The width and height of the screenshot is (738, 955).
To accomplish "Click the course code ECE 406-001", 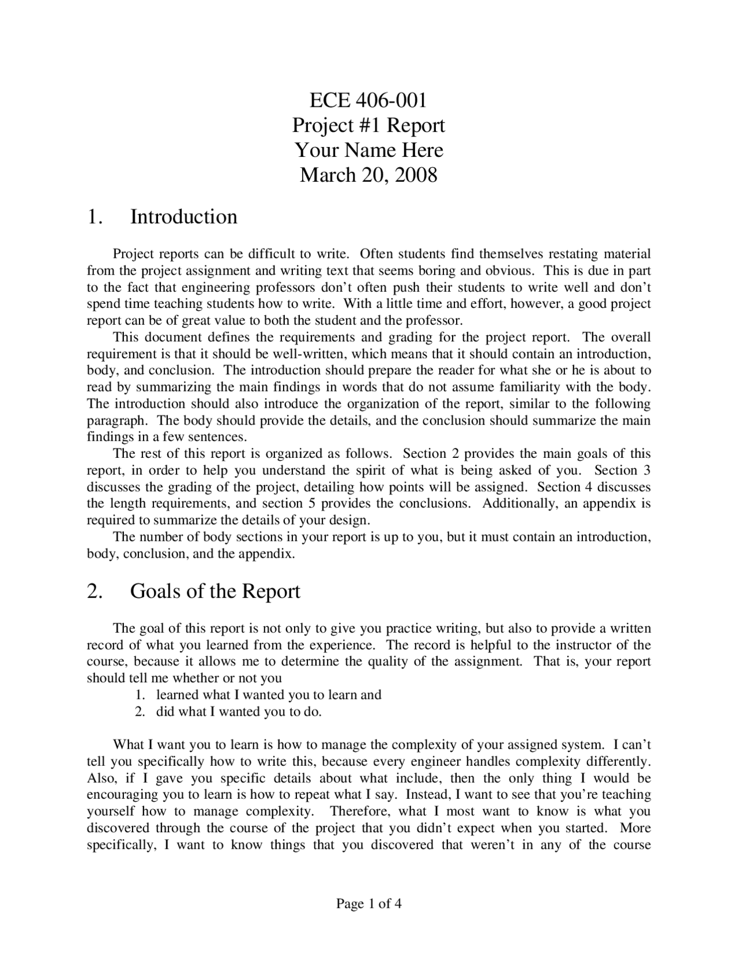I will click(368, 100).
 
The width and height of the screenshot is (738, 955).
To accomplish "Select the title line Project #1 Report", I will click(368, 125).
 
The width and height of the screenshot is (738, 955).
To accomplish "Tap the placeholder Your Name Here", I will click(369, 150).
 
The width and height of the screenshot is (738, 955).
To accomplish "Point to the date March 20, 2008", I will click(368, 175).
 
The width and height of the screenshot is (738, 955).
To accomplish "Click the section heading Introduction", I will click(183, 217).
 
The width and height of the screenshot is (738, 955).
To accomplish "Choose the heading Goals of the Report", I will click(215, 592).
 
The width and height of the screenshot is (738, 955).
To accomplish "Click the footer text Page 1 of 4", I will click(368, 904).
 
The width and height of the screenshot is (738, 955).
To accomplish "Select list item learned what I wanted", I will click(269, 695).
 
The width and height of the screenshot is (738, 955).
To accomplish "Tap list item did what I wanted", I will click(238, 712).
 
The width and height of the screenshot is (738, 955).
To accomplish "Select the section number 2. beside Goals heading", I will click(95, 592).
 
